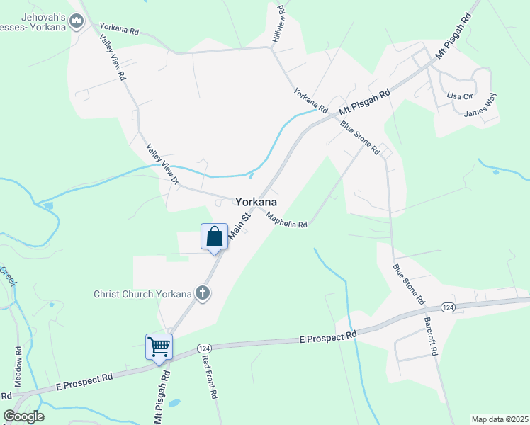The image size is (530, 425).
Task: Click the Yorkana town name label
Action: point(256,201)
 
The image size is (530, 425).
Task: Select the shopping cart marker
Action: point(159,347)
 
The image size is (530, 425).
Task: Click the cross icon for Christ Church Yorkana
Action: point(203,293)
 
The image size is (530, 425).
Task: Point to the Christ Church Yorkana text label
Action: point(143,294)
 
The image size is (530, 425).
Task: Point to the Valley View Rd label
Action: point(113,56)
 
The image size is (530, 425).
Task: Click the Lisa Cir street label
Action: point(458,95)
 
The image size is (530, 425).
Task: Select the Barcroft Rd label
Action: point(431,335)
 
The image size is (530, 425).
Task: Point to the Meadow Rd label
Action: point(18,365)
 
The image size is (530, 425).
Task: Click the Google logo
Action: point(23,416)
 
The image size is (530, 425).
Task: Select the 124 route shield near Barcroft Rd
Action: point(447,307)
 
